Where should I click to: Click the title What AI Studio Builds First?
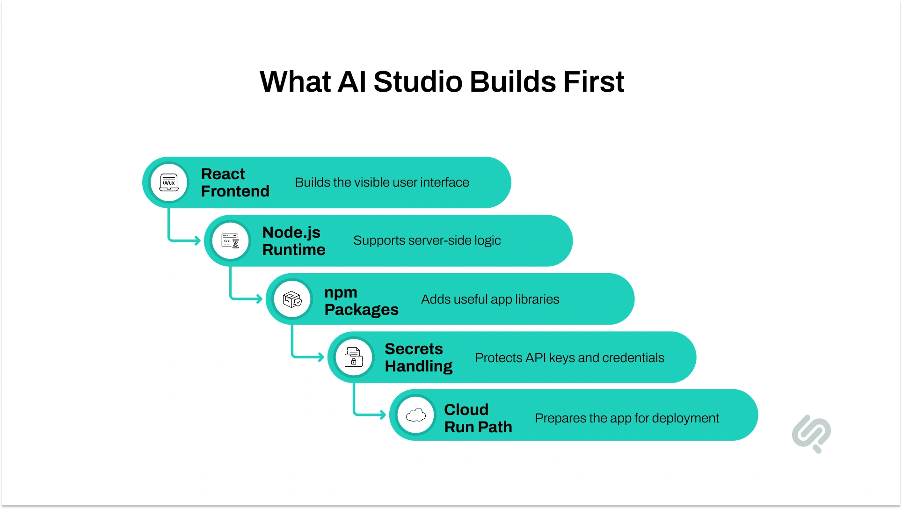click(442, 82)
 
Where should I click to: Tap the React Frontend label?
click(235, 182)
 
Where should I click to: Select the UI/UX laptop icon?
click(169, 182)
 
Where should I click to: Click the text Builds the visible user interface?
click(382, 182)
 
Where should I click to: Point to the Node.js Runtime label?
click(293, 241)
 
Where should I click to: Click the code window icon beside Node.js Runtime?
click(230, 241)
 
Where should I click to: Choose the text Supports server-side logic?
click(427, 240)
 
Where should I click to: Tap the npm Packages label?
click(361, 300)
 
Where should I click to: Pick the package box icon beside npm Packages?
click(292, 299)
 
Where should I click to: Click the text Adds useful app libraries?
click(490, 299)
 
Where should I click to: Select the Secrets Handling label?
click(418, 357)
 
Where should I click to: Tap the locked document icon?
click(354, 357)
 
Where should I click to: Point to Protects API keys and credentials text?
click(569, 358)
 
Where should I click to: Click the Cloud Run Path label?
click(478, 418)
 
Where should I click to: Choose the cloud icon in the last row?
click(416, 415)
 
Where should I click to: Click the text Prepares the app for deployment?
click(626, 418)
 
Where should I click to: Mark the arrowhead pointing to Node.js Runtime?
click(197, 240)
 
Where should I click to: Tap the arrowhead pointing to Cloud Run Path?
click(383, 414)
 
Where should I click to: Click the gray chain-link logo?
click(812, 433)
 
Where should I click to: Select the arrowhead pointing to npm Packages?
click(259, 298)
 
